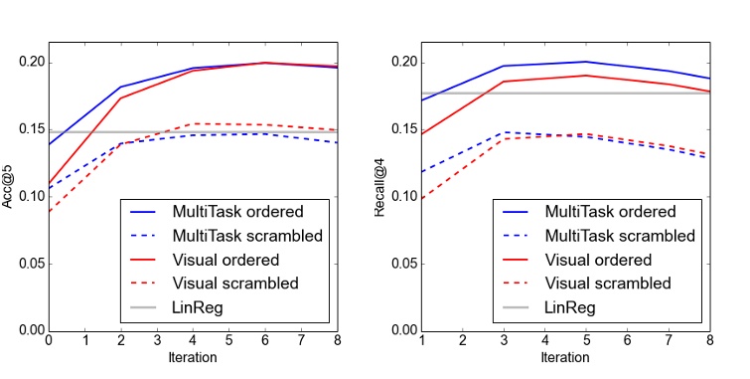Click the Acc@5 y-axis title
(10, 186)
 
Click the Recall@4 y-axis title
(381, 186)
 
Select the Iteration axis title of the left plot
(192, 356)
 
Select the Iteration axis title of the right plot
(564, 356)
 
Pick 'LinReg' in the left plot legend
(197, 307)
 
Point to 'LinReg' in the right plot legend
(569, 307)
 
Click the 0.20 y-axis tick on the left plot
(30, 63)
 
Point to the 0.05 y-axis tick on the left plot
(30, 264)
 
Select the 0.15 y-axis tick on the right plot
(402, 129)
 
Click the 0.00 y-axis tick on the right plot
(402, 330)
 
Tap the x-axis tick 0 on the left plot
(48, 341)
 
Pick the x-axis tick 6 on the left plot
(264, 341)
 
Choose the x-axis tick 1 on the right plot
(421, 341)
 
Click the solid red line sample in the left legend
(145, 260)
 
